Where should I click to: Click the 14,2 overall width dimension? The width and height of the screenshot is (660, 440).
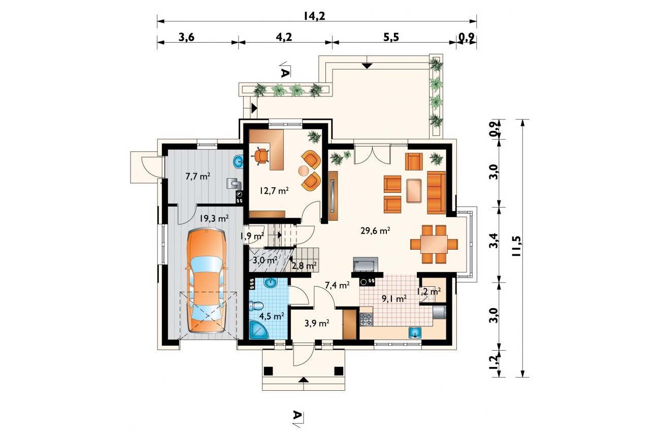pyautogui.click(x=314, y=16)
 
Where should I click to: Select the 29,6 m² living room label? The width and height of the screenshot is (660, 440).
pyautogui.click(x=375, y=230)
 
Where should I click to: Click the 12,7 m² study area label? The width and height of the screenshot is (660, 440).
pyautogui.click(x=274, y=190)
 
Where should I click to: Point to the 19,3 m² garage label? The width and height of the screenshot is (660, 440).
pyautogui.click(x=214, y=218)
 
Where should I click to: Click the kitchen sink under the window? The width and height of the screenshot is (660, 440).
pyautogui.click(x=415, y=332)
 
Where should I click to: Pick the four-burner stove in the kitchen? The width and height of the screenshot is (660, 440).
pyautogui.click(x=366, y=320)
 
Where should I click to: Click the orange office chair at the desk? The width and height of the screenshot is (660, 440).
pyautogui.click(x=261, y=155)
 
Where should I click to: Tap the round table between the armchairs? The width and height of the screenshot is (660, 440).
pyautogui.click(x=304, y=171)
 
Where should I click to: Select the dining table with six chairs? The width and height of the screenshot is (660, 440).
pyautogui.click(x=434, y=244)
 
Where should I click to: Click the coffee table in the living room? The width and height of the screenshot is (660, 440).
pyautogui.click(x=414, y=190)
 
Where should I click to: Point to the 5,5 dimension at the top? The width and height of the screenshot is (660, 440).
pyautogui.click(x=391, y=37)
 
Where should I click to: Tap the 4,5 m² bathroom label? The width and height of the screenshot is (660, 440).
pyautogui.click(x=272, y=316)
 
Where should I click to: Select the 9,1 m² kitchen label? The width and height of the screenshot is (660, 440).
pyautogui.click(x=394, y=298)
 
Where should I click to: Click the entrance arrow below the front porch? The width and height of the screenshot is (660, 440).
pyautogui.click(x=303, y=380)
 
